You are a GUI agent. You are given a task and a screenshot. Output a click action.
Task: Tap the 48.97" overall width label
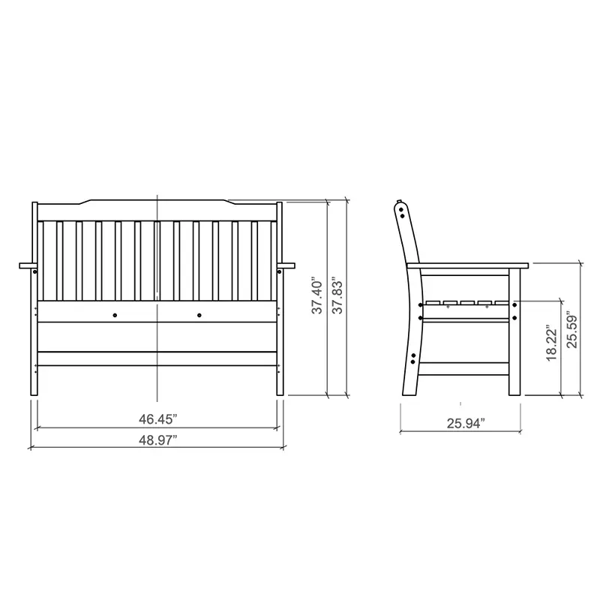[x=158, y=440]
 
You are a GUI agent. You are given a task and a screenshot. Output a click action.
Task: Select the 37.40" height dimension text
[x=317, y=295]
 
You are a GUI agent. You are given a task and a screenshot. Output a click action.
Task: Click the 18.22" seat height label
[x=551, y=344]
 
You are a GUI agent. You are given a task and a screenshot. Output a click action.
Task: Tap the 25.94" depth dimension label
[x=465, y=424]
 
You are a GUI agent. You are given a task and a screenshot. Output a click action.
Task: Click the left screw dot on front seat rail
[x=115, y=314]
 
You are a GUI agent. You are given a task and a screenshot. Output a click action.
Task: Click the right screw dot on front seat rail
[x=199, y=314]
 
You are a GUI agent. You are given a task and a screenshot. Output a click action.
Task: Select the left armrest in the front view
[x=28, y=265]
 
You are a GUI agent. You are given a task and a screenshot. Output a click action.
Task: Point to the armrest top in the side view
[x=469, y=265]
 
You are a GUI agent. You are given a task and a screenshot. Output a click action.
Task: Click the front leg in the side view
[x=514, y=337]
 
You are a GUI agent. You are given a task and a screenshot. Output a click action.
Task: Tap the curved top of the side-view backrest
[x=402, y=208]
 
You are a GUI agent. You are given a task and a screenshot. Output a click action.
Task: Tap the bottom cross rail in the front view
[x=157, y=359]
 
